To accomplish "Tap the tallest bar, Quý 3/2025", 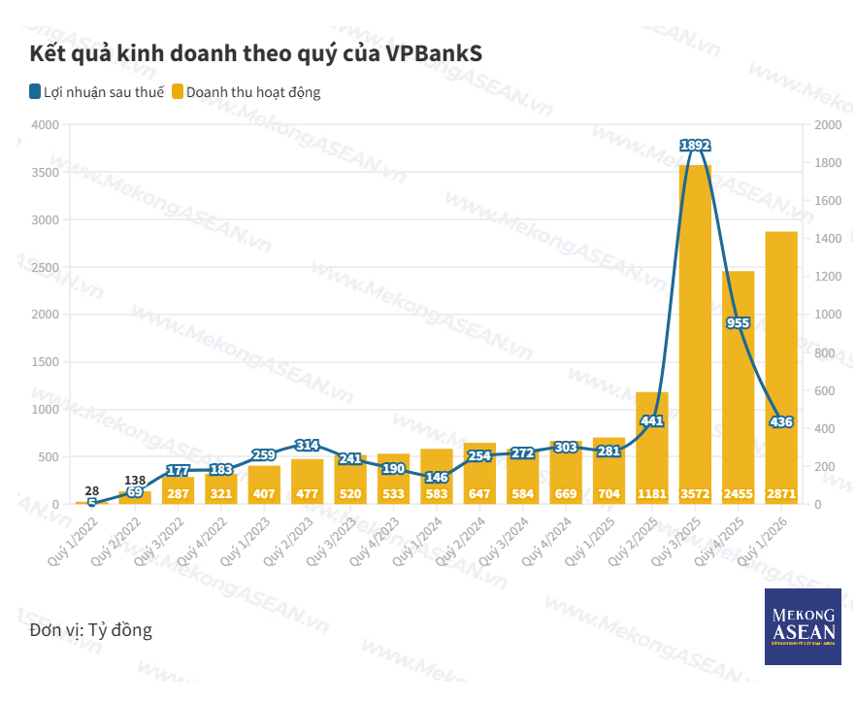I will [x=695, y=330].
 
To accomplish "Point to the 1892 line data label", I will [x=696, y=146].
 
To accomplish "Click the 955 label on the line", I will [x=739, y=322].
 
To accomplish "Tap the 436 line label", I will [x=781, y=421].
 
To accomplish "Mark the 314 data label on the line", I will [x=307, y=445].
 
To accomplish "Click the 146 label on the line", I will [x=436, y=477].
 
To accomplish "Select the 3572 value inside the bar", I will [x=695, y=494].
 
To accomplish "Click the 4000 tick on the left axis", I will [x=45, y=125].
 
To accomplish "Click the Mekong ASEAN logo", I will [x=802, y=626].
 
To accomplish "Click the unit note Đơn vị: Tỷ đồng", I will [x=91, y=630].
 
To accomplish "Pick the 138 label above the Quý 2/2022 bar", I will [x=135, y=481].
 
